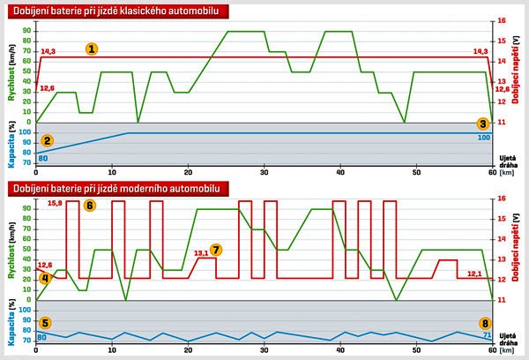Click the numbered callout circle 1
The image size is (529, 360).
pyautogui.click(x=92, y=49)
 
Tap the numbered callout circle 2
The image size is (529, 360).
pyautogui.click(x=47, y=140)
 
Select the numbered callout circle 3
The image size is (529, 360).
pyautogui.click(x=482, y=124)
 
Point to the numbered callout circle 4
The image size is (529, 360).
pyautogui.click(x=45, y=279)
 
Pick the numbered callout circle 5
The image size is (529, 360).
pyautogui.click(x=46, y=323)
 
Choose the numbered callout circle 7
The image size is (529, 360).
pyautogui.click(x=217, y=250)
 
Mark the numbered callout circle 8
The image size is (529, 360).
pyautogui.click(x=484, y=323)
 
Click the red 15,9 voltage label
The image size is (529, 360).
pyautogui.click(x=54, y=204)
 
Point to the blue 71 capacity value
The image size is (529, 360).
pyautogui.click(x=487, y=336)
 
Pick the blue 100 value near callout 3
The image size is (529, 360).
pyautogui.click(x=483, y=137)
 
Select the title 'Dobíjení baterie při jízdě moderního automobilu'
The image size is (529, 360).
pyautogui.click(x=112, y=188)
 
